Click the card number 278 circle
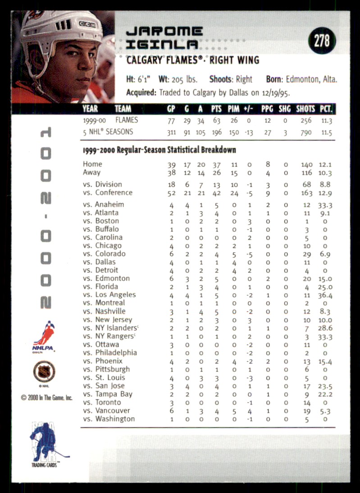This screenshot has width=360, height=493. [x=322, y=41]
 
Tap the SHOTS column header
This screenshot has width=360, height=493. [x=305, y=109]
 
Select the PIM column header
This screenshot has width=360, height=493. [x=233, y=109]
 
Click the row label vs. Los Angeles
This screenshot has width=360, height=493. [x=109, y=295]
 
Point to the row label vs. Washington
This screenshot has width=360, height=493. [x=109, y=419]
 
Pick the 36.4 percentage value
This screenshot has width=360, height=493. [x=324, y=295]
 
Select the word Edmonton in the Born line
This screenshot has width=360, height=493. [x=303, y=79]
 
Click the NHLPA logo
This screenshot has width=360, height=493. [x=43, y=335]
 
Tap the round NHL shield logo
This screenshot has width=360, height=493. [x=44, y=371]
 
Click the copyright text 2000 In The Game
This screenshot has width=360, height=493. [x=46, y=398]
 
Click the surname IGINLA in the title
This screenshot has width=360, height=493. [x=162, y=44]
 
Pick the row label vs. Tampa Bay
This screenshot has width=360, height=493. [x=108, y=394]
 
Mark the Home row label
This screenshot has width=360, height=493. [x=92, y=164]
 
